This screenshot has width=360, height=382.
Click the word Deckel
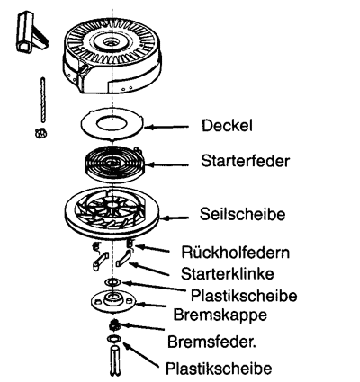tap(227, 126)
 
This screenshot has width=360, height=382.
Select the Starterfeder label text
tap(246, 161)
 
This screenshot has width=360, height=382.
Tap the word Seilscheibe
tap(243, 214)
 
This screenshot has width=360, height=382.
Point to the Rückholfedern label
tap(236, 253)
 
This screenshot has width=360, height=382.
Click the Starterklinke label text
tap(228, 273)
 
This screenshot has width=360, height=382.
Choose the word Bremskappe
tap(220, 315)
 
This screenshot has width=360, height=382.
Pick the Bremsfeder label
tap(211, 342)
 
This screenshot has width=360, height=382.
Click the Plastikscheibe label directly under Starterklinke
tap(244, 296)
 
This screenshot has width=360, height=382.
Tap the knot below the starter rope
tap(41, 133)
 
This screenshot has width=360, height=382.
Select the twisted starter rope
tap(43, 100)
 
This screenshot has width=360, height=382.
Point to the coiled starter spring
tap(115, 164)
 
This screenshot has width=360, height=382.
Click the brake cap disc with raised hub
tap(113, 301)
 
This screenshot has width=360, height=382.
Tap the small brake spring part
tap(114, 324)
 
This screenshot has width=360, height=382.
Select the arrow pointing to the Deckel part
tap(166, 127)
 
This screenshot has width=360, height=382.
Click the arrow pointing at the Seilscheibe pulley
tap(175, 218)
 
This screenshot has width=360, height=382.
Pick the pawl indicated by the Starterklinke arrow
tap(123, 259)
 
